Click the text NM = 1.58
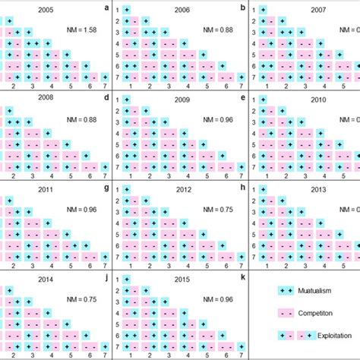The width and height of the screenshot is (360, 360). [84, 30]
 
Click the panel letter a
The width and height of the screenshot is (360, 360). [106, 8]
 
